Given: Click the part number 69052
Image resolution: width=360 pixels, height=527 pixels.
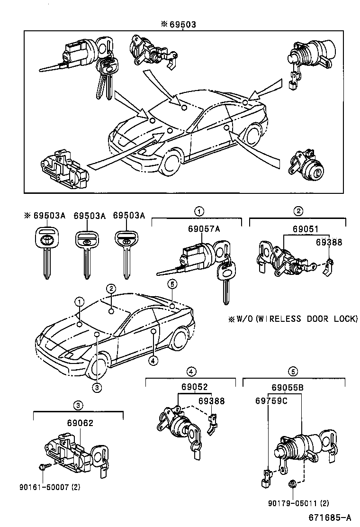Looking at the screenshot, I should point(194,387).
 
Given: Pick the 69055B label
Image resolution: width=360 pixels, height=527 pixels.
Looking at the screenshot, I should point(288,388).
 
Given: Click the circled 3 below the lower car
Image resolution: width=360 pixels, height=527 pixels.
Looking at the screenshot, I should point(96,388).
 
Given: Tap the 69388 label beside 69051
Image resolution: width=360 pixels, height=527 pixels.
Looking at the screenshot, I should point(329,242).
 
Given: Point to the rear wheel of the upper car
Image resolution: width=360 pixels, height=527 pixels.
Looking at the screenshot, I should point(250,134).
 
